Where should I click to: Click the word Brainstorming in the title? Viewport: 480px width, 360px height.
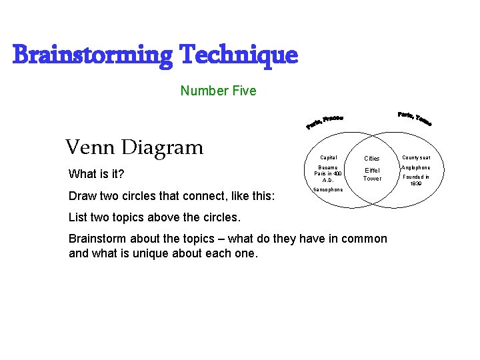click(91, 55)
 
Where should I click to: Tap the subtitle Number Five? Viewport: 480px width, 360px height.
click(218, 91)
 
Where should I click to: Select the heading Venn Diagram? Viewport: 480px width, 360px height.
click(134, 147)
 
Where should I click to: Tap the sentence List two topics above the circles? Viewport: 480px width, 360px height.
click(154, 218)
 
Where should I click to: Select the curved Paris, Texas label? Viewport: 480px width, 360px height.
click(415, 118)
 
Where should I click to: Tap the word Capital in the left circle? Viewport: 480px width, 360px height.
click(328, 158)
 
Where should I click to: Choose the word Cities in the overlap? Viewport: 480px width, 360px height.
click(371, 159)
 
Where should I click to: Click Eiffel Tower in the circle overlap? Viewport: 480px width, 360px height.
click(372, 174)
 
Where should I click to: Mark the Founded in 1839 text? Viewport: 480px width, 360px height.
click(416, 180)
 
